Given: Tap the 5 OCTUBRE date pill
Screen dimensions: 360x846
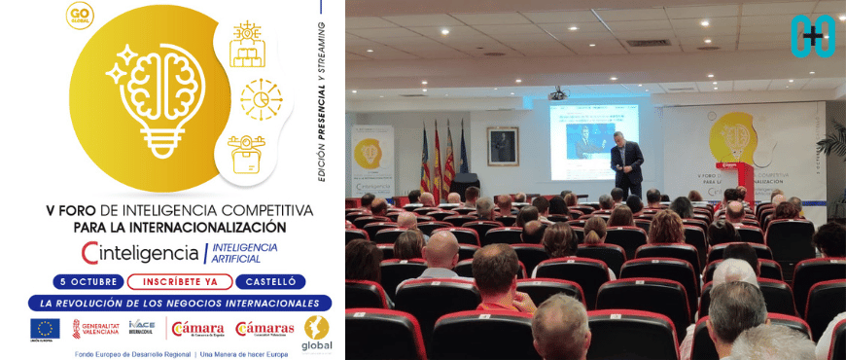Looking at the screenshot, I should pyautogui.click(x=87, y=282).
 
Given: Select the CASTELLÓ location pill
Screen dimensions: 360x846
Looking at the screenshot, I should pyautogui.click(x=270, y=282).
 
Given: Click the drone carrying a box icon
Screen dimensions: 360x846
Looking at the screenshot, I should pyautogui.click(x=246, y=153).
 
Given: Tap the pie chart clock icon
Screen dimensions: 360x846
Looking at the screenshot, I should pyautogui.click(x=260, y=99).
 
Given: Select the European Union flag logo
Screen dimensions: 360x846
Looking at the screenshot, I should pyautogui.click(x=45, y=329).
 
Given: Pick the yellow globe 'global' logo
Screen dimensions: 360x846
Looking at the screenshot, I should pyautogui.click(x=317, y=332).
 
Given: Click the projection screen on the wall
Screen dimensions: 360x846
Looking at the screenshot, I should pyautogui.click(x=593, y=141).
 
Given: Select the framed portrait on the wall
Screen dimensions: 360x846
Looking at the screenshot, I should pyautogui.click(x=503, y=146).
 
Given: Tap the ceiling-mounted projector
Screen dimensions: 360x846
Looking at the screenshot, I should pyautogui.click(x=557, y=94).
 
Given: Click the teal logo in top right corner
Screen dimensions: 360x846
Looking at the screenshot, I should pyautogui.click(x=811, y=35).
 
